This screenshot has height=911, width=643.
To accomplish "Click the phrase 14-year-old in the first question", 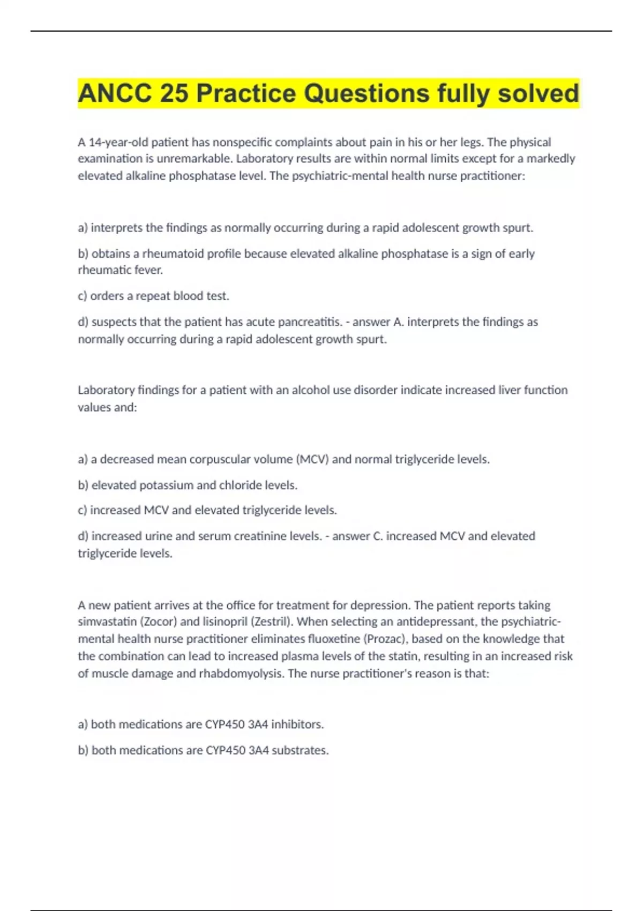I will (x=118, y=142).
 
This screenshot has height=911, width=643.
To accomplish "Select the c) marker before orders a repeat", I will (x=83, y=296).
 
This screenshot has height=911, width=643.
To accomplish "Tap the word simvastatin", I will (x=107, y=622).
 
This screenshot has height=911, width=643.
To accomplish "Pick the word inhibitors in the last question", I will (x=297, y=725).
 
